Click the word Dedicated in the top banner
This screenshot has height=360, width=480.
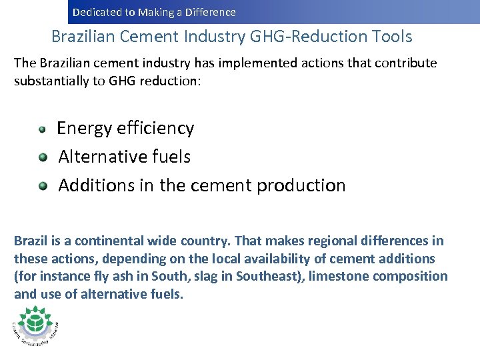[94, 12]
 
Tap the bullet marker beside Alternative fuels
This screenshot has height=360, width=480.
[43, 157]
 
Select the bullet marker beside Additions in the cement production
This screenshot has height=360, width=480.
[43, 186]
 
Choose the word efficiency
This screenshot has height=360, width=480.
[155, 128]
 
